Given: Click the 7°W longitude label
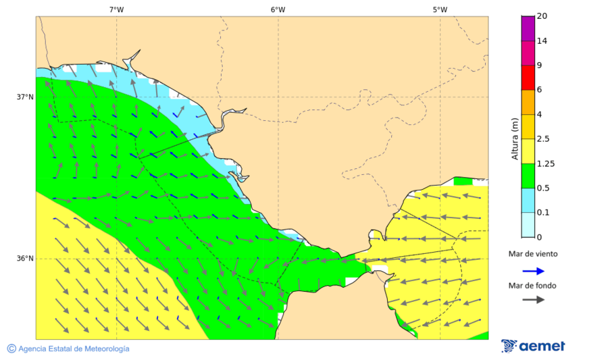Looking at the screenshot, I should [116, 9].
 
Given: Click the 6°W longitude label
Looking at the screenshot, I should [278, 9].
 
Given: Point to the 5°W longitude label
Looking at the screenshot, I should [440, 9].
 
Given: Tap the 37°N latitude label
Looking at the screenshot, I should [25, 97].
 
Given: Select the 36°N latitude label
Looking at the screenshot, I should [25, 258].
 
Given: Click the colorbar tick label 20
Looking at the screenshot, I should [541, 16].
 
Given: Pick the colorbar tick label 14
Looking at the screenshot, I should [541, 41].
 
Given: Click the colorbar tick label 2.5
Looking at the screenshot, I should [542, 139].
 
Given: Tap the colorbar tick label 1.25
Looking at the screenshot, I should [544, 163].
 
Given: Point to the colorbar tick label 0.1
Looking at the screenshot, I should [542, 213].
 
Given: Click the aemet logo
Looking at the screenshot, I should [533, 346].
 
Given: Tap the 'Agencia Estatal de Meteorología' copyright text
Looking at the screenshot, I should [68, 349].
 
